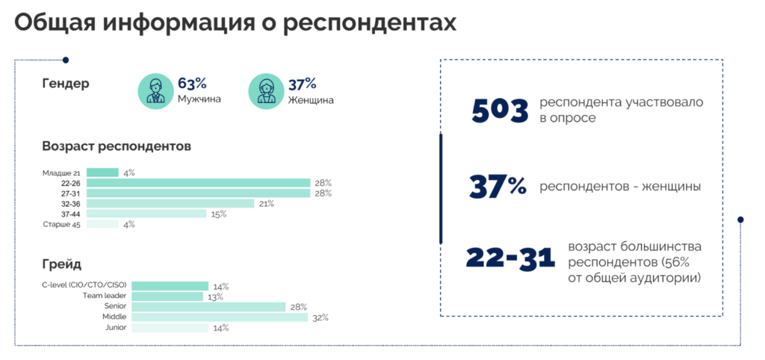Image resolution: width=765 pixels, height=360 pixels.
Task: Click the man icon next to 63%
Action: pos(155,91)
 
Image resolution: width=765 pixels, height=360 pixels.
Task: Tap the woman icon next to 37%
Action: pos(266,91)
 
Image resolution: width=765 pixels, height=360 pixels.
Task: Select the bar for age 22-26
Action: pos(199,183)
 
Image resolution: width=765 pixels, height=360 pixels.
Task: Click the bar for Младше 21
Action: pos(102,173)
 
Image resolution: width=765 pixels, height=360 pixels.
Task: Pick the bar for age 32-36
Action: pos(170,203)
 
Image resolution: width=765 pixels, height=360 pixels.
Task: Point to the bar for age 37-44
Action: pos(146,214)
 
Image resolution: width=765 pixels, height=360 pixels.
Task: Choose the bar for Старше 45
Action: pos(102,224)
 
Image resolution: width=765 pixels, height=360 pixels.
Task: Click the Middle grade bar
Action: pos(220,317)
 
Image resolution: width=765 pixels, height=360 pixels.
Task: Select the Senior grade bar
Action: pos(208,307)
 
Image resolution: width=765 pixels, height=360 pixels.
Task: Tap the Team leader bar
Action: pos(167,297)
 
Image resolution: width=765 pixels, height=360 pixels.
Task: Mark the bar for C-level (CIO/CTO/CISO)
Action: pos(170,286)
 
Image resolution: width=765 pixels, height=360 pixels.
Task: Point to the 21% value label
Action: pos(267,204)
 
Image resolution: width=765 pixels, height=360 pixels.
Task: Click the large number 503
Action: pos(500,111)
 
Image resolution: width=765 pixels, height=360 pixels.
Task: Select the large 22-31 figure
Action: pos(510,258)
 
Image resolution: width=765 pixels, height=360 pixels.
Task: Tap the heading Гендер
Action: pos(66,84)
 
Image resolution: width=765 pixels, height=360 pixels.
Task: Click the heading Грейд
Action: pos(62,265)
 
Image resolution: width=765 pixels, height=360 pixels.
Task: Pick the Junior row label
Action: pos(116,327)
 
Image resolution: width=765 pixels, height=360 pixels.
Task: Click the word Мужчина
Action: pos(199,99)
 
